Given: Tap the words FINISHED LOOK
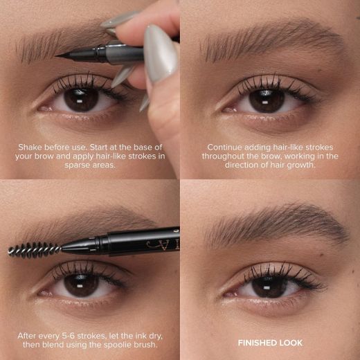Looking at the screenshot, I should pyautogui.click(x=270, y=343).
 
